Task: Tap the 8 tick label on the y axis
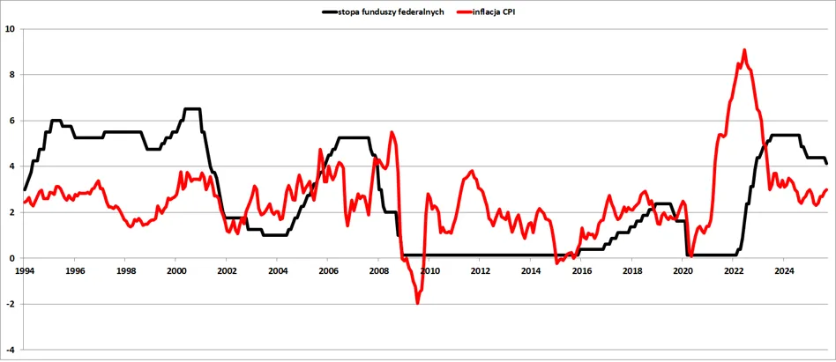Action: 11,74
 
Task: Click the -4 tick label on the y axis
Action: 10,350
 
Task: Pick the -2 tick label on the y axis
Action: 10,304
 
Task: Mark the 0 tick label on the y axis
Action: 11,258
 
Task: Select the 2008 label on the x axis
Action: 378,270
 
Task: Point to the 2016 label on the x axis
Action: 581,270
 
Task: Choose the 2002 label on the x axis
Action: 227,270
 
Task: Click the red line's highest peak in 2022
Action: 744,50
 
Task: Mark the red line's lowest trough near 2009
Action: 417,303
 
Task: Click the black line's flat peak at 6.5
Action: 191,109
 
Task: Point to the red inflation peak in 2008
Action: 392,133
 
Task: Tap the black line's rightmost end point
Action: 826,163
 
